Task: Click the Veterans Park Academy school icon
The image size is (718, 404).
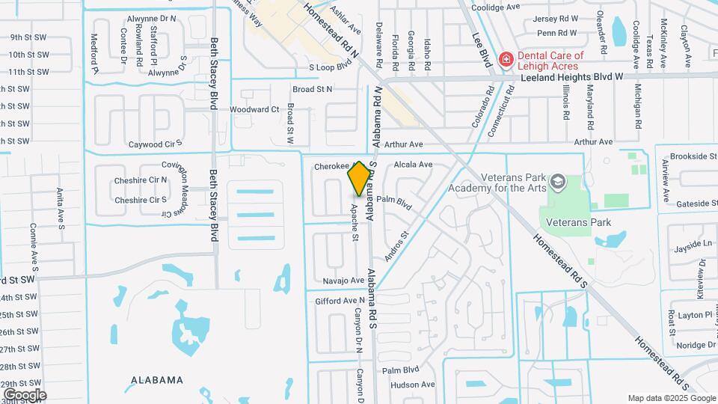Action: click(558, 182)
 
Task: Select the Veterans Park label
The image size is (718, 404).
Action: click(578, 222)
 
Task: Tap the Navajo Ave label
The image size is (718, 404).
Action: click(343, 281)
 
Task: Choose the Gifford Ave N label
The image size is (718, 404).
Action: click(340, 301)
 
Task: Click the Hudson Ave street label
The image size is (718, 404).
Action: click(413, 385)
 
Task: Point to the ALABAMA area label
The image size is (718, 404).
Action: click(156, 380)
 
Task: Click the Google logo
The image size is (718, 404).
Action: click(25, 394)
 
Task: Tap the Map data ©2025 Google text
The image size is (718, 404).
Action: click(671, 398)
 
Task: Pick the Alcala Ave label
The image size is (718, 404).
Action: click(414, 165)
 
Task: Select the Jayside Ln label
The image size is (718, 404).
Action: click(693, 245)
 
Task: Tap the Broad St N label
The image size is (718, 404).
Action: click(313, 88)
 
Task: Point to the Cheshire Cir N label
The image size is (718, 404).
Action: click(141, 180)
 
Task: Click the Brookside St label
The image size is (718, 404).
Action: click(693, 156)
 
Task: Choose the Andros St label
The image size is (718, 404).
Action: click(397, 245)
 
